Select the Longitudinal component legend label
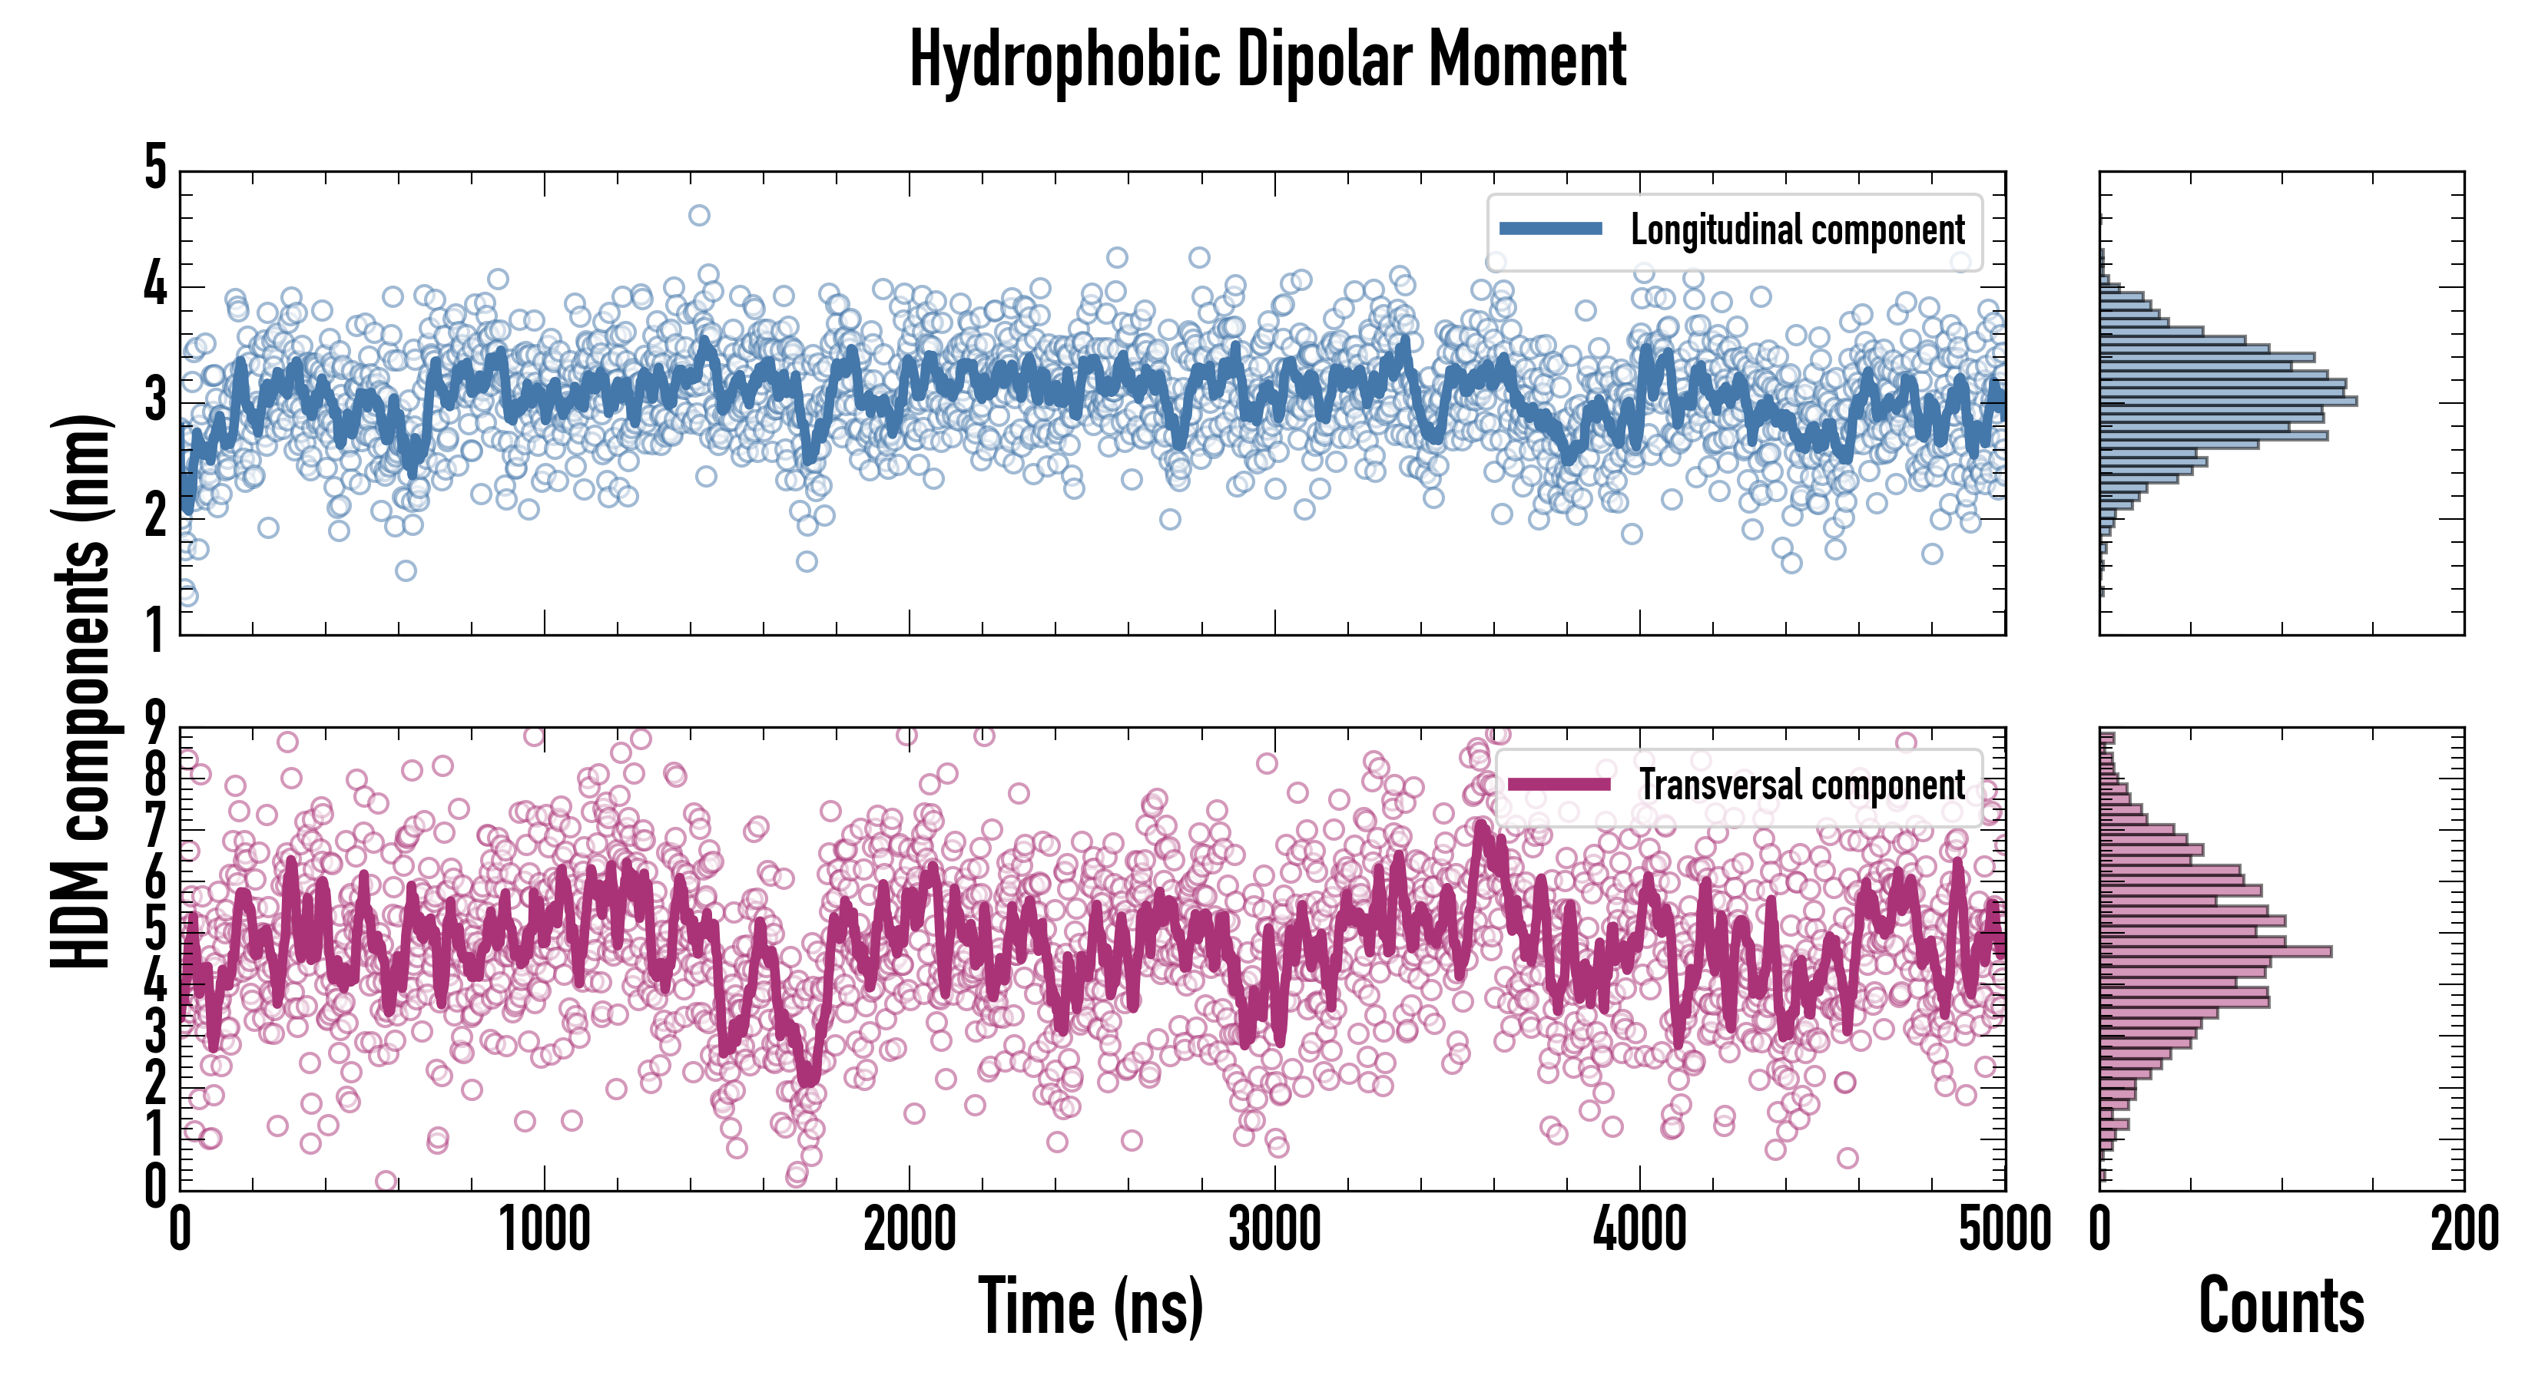coord(1797,230)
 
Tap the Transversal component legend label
coord(1802,785)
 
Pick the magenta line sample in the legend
coord(1559,784)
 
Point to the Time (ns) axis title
coord(1090,1305)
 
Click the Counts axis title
coord(2281,1305)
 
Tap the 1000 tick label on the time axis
coord(544,1229)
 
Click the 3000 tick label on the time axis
coord(1274,1229)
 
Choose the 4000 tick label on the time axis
coord(1639,1229)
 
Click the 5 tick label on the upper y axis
coord(155,167)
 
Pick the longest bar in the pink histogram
coord(2215,951)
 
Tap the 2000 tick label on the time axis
coord(910,1229)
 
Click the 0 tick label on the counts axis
coord(2100,1229)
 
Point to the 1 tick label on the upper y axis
coord(155,630)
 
